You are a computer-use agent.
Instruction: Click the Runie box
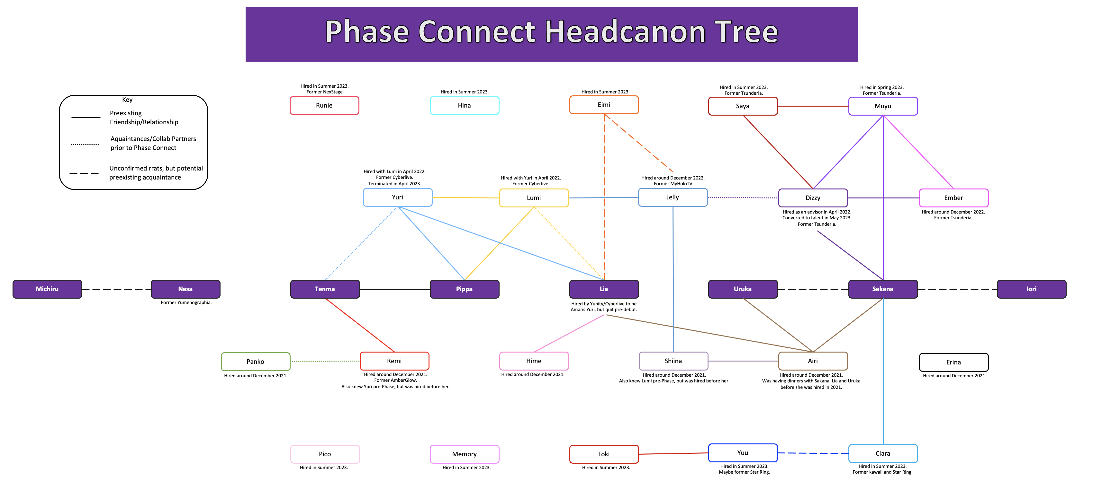324,106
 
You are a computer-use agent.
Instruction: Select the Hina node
464,106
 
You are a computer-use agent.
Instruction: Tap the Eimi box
604,105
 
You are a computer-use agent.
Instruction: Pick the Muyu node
882,106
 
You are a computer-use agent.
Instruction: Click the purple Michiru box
47,289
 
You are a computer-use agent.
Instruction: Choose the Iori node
1031,289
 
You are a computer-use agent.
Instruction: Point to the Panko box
256,362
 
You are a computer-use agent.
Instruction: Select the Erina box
953,362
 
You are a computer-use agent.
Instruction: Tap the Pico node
325,454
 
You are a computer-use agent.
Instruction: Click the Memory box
464,454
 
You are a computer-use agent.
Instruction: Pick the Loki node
604,454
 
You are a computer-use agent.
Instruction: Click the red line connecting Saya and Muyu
813,106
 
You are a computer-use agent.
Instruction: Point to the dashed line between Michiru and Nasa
116,289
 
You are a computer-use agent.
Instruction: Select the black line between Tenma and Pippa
394,289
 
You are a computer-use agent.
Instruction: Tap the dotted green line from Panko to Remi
325,362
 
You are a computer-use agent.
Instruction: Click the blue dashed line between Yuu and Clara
813,453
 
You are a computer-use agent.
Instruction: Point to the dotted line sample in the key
85,144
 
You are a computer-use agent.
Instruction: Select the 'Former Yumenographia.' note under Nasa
186,302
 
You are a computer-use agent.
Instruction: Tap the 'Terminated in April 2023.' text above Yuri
394,183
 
